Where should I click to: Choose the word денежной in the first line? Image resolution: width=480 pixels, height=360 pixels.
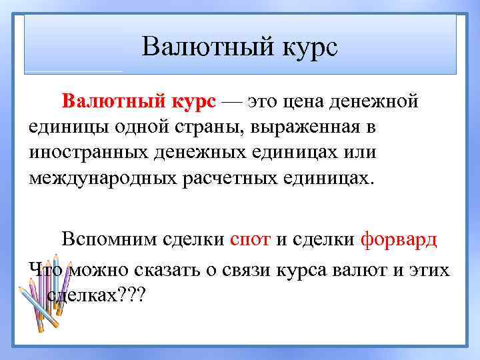coord(379,102)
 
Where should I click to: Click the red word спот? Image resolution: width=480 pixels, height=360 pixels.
coord(249,240)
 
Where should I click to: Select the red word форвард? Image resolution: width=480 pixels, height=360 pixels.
coord(399,240)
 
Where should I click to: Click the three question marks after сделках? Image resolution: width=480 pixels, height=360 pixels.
coord(136,294)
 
